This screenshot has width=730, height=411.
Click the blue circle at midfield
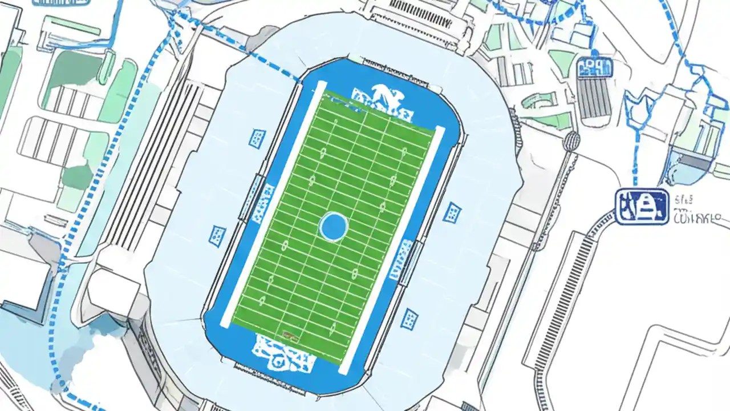[x=334, y=227]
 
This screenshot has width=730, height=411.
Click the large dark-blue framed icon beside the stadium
[x=642, y=206]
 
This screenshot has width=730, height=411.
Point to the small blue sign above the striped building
[x=594, y=67]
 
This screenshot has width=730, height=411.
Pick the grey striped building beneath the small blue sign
[x=594, y=98]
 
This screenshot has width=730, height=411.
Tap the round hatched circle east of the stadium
[x=570, y=141]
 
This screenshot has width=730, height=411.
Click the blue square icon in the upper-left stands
[x=257, y=138]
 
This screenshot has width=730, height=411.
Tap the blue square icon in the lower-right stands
[x=408, y=319]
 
